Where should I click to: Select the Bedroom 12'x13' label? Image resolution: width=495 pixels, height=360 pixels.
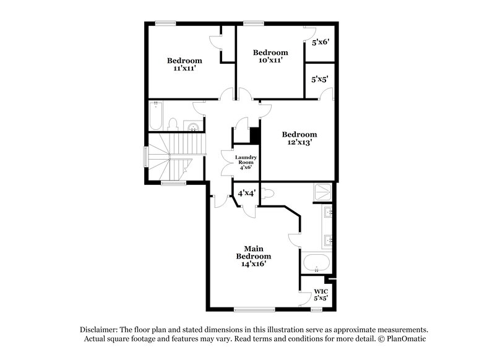tap(299, 138)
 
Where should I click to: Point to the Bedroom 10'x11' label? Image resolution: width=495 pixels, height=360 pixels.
tap(270, 56)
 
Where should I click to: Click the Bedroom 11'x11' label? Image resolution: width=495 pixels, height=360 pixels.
tap(184, 64)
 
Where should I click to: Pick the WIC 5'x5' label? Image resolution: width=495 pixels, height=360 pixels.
tap(321, 294)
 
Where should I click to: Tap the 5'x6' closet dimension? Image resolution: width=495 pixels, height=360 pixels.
tap(320, 43)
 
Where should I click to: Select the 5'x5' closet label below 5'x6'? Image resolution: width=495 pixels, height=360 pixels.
tap(320, 79)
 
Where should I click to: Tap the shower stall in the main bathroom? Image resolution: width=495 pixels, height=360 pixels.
tap(322, 193)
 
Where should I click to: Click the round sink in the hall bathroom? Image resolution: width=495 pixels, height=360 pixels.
tap(194, 127)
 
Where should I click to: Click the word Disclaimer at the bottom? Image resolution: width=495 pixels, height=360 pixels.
tap(101, 330)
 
